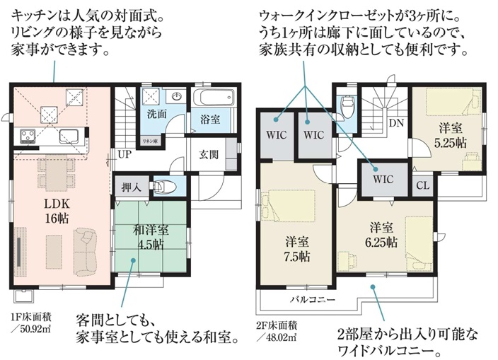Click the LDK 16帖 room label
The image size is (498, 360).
tap(57, 211)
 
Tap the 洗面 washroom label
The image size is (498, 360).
tap(157, 114)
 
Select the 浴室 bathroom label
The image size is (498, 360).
tap(210, 120)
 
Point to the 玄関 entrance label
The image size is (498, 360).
tap(209, 155)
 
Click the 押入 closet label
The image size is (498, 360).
tap(131, 187)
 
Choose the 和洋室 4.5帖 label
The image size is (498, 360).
tap(151, 237)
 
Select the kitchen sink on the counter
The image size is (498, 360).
tap(69, 137)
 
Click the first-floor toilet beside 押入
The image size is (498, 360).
tap(164, 187)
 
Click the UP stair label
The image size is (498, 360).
tap(124, 154)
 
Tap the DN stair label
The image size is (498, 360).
tap(396, 123)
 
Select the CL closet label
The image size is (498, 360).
tap(423, 185)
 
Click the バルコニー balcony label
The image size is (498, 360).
tap(313, 300)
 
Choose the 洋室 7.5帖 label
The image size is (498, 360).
tap(297, 249)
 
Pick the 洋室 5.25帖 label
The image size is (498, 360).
tap(451, 137)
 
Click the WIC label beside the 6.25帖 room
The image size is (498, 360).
tap(383, 180)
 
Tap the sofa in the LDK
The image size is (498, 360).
tap(85, 252)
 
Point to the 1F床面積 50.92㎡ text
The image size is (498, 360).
tap(31, 323)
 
